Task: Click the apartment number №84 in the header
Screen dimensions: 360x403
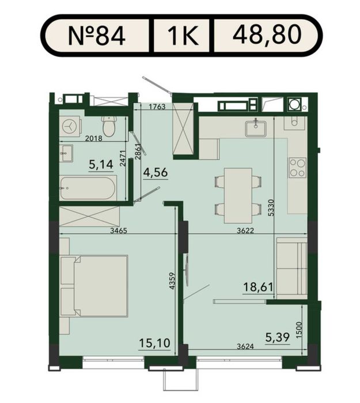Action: pyautogui.click(x=97, y=36)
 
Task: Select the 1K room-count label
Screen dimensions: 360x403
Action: pyautogui.click(x=183, y=36)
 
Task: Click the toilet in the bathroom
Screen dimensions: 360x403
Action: pyautogui.click(x=109, y=126)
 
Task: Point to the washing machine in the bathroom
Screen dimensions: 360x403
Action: pyautogui.click(x=70, y=126)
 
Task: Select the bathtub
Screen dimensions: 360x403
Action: pyautogui.click(x=88, y=188)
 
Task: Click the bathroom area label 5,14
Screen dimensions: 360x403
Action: pyautogui.click(x=101, y=164)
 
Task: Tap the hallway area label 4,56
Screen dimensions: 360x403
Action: pyautogui.click(x=156, y=172)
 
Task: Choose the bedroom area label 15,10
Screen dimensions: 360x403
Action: pyautogui.click(x=155, y=342)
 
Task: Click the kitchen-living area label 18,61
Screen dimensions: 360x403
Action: pyautogui.click(x=258, y=287)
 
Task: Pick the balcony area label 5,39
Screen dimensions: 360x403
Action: pyautogui.click(x=278, y=337)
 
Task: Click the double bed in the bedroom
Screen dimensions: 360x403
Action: pyautogui.click(x=94, y=285)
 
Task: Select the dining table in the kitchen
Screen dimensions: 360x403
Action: pyautogui.click(x=238, y=195)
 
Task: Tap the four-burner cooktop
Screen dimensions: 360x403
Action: pyautogui.click(x=298, y=168)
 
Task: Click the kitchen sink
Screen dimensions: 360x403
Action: pyautogui.click(x=256, y=128)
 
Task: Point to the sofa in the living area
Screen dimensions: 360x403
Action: pyautogui.click(x=291, y=268)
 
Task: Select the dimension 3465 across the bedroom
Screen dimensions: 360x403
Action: pyautogui.click(x=119, y=231)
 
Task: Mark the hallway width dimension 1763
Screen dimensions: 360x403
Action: pyautogui.click(x=157, y=107)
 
